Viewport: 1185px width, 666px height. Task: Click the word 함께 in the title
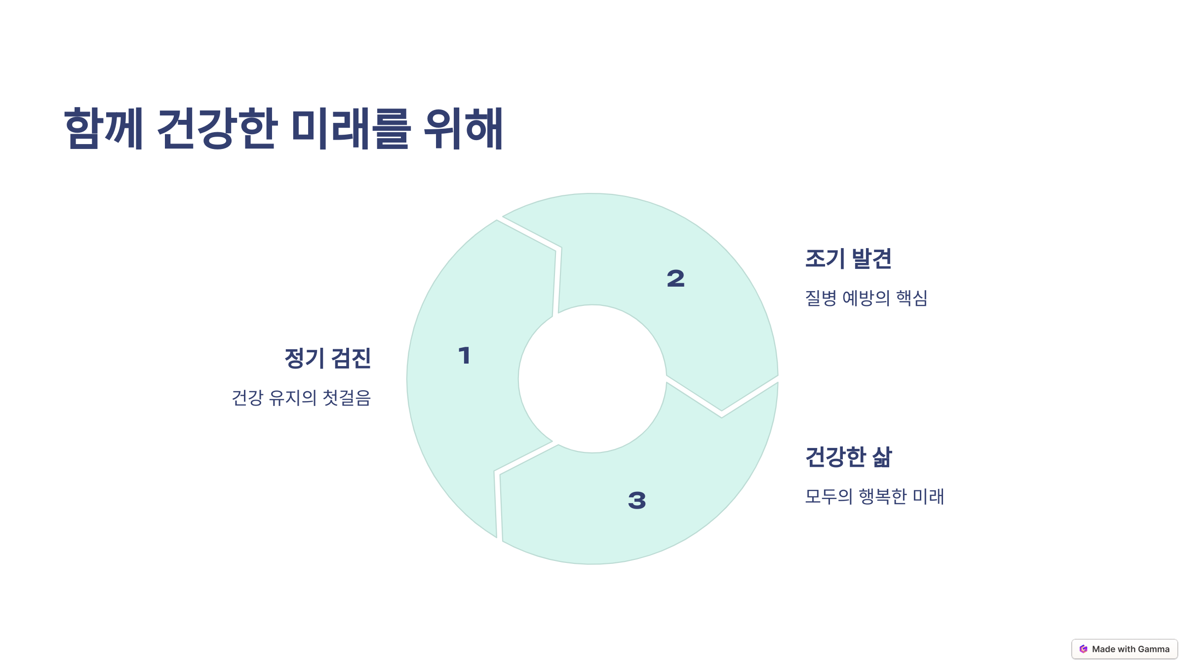pyautogui.click(x=104, y=128)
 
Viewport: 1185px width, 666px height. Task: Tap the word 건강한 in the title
pyautogui.click(x=216, y=128)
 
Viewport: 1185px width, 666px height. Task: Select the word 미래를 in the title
pyautogui.click(x=351, y=128)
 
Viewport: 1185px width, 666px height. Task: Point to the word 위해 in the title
pyautogui.click(x=463, y=128)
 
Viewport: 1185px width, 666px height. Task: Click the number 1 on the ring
pyautogui.click(x=464, y=355)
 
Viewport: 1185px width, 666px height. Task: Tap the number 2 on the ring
pyautogui.click(x=675, y=279)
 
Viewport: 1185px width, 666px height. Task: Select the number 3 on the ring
pyautogui.click(x=637, y=500)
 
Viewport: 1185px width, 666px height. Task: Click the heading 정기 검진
pyautogui.click(x=327, y=358)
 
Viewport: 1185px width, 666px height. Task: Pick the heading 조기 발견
pyautogui.click(x=848, y=259)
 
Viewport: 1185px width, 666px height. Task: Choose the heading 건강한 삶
pyautogui.click(x=848, y=457)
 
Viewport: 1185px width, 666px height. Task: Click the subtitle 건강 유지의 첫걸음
pyautogui.click(x=301, y=398)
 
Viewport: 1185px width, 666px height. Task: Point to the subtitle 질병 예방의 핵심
pyautogui.click(x=866, y=298)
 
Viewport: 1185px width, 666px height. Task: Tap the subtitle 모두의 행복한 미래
pyautogui.click(x=874, y=496)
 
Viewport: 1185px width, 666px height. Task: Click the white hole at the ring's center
pyautogui.click(x=592, y=379)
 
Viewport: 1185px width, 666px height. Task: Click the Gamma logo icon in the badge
pyautogui.click(x=1083, y=649)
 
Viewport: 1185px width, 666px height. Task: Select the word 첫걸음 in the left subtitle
pyautogui.click(x=346, y=398)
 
